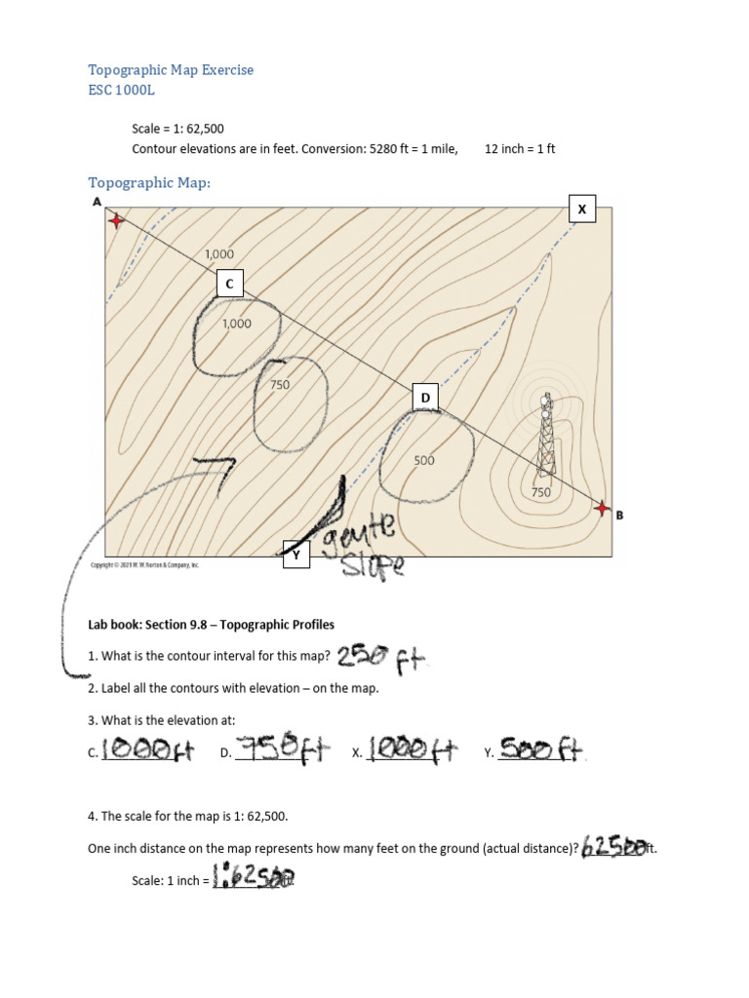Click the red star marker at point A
(116, 221)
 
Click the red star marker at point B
(602, 509)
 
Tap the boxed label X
(582, 210)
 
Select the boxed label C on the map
(229, 284)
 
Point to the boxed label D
(425, 399)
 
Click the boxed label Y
(295, 555)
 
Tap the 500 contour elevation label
(423, 460)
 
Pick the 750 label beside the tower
(541, 493)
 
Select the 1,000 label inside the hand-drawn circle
(237, 324)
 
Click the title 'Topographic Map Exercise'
(171, 70)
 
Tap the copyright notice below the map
(144, 564)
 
